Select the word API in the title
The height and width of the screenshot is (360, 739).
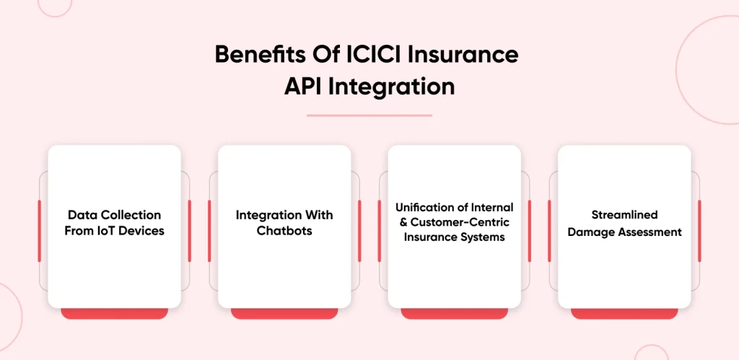(x=303, y=87)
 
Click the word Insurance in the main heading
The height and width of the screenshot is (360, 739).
(x=463, y=55)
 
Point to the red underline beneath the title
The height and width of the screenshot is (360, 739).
(x=369, y=115)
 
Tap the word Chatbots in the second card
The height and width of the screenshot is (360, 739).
(x=284, y=231)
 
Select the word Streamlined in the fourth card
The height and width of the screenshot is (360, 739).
(x=624, y=215)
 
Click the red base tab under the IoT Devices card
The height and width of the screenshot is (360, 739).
(x=115, y=314)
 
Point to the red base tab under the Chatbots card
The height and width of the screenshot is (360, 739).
(x=284, y=314)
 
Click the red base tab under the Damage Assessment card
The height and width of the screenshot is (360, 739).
(x=624, y=314)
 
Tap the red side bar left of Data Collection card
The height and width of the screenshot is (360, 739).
(x=39, y=231)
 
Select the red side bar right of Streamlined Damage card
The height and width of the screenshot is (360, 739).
(x=699, y=231)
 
